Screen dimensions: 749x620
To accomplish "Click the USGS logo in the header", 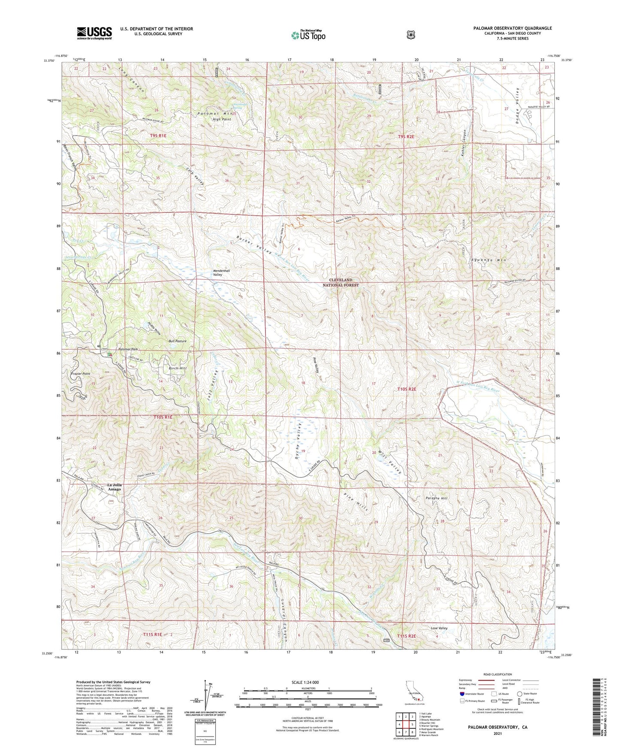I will tap(94, 33).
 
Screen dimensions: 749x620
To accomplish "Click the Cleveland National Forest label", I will tap(341, 282).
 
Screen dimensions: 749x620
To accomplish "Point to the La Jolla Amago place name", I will tap(111, 487).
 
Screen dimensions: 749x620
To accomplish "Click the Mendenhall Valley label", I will tap(218, 272).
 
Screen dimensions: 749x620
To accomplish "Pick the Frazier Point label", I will tap(80, 374).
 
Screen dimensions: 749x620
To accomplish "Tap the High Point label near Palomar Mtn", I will tap(222, 119).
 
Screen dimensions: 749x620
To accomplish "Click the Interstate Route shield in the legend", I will tap(462, 693).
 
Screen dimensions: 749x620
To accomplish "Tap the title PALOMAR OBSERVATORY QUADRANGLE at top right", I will tap(512, 28).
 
